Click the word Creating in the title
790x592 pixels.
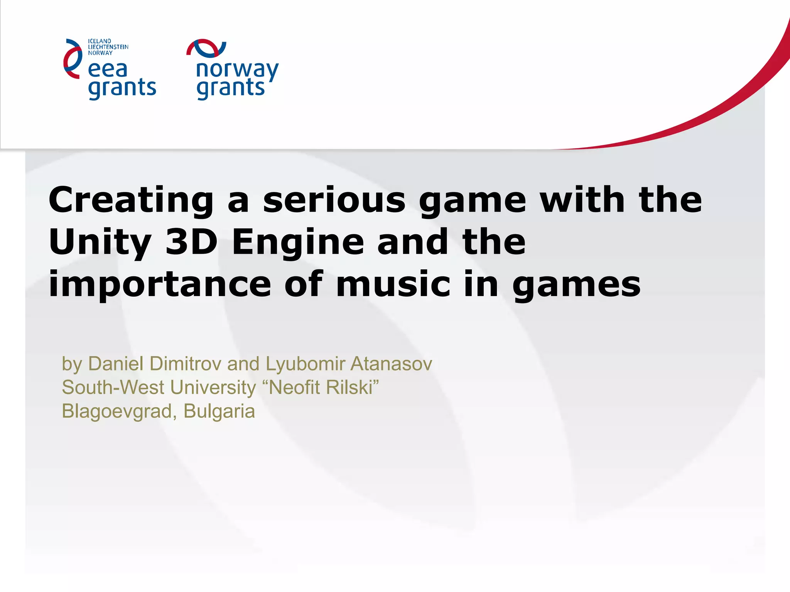click(131, 200)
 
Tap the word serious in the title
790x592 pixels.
click(334, 200)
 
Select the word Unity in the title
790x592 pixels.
click(100, 243)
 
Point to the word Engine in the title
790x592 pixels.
click(298, 243)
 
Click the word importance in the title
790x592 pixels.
click(160, 285)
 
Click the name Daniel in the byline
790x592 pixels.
click(116, 364)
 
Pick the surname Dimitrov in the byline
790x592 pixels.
click(186, 364)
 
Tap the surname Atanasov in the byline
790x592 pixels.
click(391, 364)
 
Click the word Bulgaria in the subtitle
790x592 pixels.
click(219, 411)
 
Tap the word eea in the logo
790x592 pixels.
click(108, 70)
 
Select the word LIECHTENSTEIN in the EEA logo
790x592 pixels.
click(108, 47)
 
